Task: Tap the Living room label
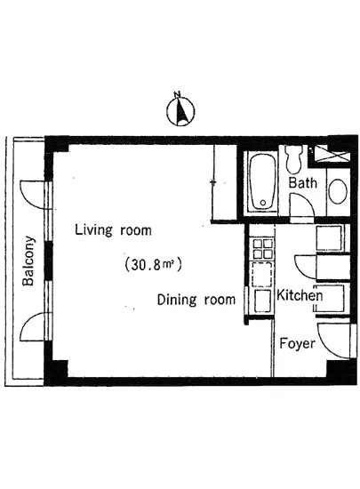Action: coord(113,230)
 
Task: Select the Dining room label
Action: coord(196,300)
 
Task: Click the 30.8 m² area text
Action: coord(153,265)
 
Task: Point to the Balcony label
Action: coord(28,261)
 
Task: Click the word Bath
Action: coord(302,183)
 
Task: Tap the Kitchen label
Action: coord(300,295)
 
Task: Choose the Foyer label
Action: coord(298,343)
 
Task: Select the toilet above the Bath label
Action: coord(293,159)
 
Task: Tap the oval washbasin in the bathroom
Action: coord(338,190)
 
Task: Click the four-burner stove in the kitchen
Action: coord(262,249)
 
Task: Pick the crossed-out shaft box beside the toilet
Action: coord(331,155)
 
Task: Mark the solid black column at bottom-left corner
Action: coord(56,372)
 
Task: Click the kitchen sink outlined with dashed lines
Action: coord(262,275)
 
